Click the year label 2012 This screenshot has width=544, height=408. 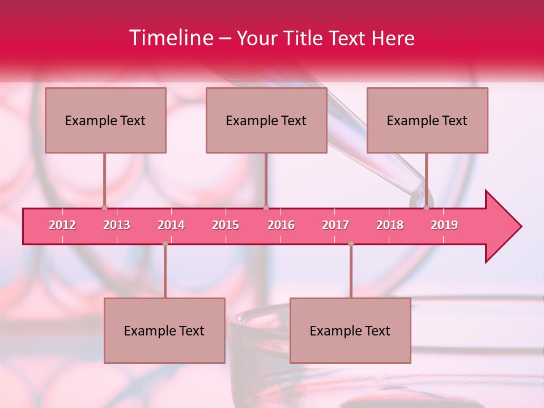[x=62, y=225]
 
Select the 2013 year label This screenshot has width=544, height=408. [x=117, y=225]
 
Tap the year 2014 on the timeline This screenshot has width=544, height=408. [x=171, y=225]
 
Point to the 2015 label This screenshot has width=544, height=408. [x=226, y=225]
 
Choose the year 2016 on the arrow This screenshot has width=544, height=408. [x=281, y=225]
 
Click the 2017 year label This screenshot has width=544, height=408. [x=335, y=225]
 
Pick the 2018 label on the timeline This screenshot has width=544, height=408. [x=390, y=225]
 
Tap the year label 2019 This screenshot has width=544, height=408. [x=444, y=225]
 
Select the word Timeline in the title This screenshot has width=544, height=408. [x=169, y=38]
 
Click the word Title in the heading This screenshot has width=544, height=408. [x=305, y=38]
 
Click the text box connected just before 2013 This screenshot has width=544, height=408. [x=105, y=120]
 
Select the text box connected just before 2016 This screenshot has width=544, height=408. [x=266, y=120]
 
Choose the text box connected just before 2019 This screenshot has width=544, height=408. [x=427, y=120]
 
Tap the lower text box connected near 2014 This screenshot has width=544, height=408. [x=164, y=330]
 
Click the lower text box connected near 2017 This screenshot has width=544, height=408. [x=350, y=330]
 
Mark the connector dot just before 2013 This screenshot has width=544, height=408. [x=104, y=207]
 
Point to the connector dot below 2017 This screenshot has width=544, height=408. [x=351, y=244]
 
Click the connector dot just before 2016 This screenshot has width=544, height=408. [x=266, y=207]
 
